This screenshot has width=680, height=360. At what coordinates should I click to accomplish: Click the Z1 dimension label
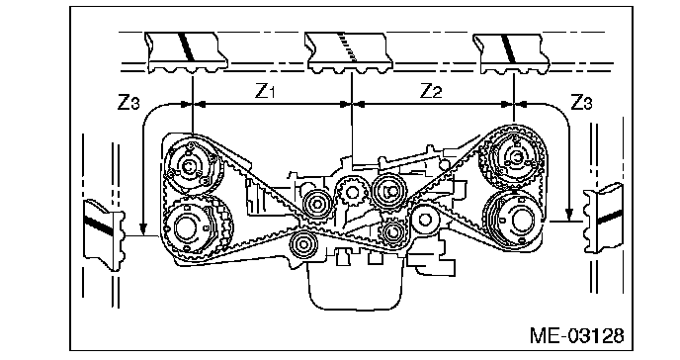(264, 91)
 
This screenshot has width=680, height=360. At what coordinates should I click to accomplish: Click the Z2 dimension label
(431, 91)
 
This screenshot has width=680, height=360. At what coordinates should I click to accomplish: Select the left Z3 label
(128, 102)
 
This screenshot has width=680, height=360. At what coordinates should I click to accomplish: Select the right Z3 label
(581, 102)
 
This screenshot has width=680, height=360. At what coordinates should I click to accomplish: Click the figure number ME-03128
(577, 335)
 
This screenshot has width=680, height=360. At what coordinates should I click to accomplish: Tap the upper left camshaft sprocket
(190, 166)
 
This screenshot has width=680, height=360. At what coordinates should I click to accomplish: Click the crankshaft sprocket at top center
(351, 191)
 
